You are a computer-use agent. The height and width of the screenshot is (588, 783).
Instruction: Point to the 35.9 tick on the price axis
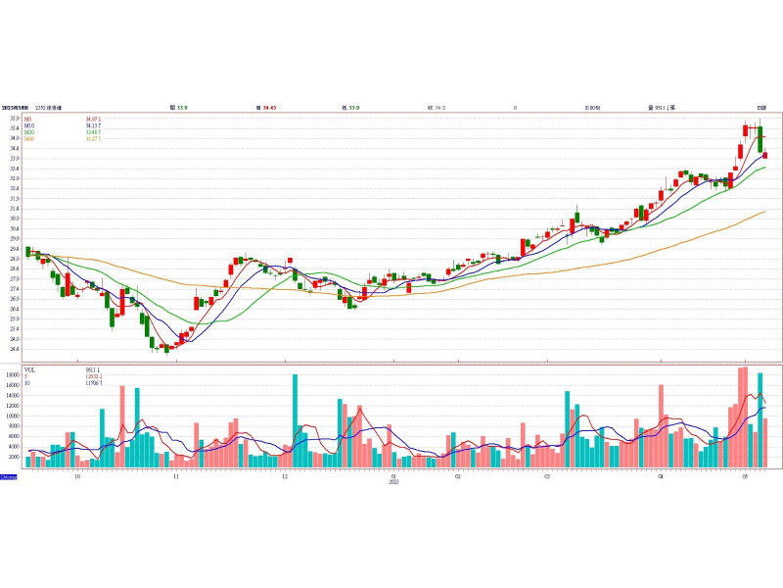coord(15,119)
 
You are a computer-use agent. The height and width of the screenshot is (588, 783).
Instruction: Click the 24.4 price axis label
coord(15,348)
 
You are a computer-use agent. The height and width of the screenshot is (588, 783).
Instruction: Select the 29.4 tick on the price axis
coord(15,249)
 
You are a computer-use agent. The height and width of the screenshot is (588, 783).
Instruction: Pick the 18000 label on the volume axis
coord(13,375)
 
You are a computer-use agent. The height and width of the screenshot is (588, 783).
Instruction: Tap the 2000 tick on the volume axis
coord(14,457)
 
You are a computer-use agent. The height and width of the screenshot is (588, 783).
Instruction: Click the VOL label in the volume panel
coord(29,369)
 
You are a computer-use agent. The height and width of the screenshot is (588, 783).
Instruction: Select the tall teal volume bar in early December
coord(295,420)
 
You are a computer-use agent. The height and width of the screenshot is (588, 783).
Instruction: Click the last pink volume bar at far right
coord(764,442)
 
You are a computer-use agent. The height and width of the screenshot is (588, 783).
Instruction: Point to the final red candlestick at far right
coord(764,155)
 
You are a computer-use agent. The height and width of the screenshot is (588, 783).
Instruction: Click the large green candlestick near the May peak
coord(760,139)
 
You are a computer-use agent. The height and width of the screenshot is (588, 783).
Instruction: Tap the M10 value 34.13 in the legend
coord(92,125)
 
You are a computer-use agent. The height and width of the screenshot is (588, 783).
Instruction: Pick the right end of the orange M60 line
coord(764,212)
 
